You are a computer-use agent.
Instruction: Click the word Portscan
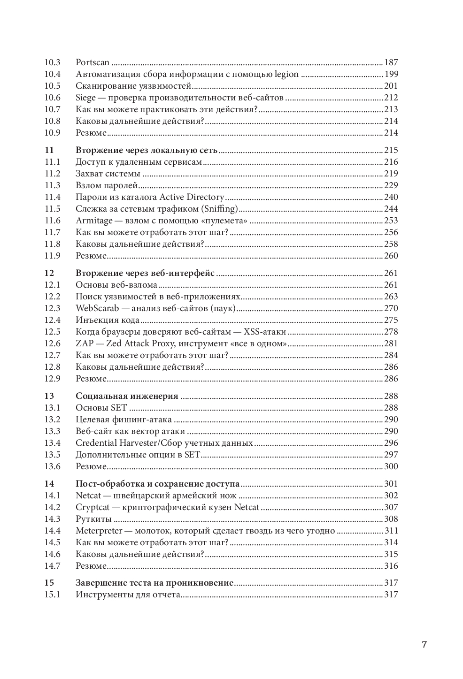pyautogui.click(x=93, y=62)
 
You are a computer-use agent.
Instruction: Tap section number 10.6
pyautogui.click(x=53, y=98)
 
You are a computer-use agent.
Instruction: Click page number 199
pyautogui.click(x=391, y=74)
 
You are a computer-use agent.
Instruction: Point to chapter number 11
pyautogui.click(x=49, y=150)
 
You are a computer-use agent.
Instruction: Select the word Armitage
pyautogui.click(x=94, y=221)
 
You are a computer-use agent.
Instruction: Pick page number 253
pyautogui.click(x=391, y=221)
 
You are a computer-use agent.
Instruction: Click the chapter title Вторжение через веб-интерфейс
pyautogui.click(x=145, y=273)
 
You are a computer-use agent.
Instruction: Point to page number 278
pyautogui.click(x=391, y=332)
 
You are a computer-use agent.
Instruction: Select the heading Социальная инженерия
pyautogui.click(x=127, y=396)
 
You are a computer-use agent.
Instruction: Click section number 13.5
pyautogui.click(x=53, y=455)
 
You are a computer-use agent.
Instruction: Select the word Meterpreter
pyautogui.click(x=99, y=531)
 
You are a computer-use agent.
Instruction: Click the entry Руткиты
pyautogui.click(x=93, y=519)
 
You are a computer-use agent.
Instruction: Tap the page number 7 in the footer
pyautogui.click(x=424, y=644)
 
